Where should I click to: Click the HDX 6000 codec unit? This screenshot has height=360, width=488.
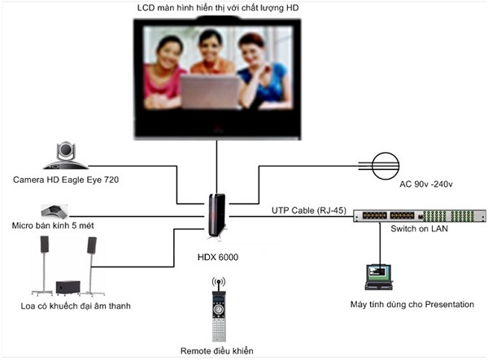point(216,215)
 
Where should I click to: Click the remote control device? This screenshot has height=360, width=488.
point(217,311)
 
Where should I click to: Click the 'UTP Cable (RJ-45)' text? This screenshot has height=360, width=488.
point(309,210)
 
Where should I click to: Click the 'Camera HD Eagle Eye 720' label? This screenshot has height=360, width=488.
point(60,178)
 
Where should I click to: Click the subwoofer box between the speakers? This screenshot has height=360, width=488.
point(68,287)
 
